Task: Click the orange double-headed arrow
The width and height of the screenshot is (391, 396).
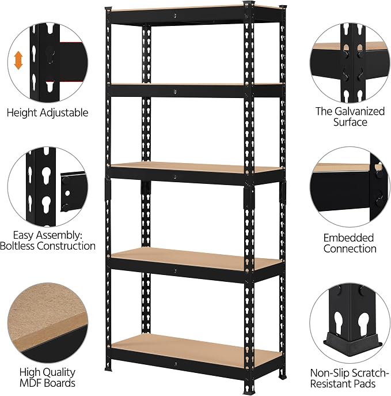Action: point(18,61)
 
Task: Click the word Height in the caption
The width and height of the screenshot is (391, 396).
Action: point(22,112)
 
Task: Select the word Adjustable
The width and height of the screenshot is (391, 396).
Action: point(64,112)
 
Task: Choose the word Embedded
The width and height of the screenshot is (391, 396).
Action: point(348,238)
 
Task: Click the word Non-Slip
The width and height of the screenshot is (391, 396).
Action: point(329,373)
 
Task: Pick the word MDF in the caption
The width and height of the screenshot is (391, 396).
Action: point(29,383)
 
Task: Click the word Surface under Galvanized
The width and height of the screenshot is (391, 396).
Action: point(350,122)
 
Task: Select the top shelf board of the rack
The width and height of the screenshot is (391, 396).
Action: point(196,8)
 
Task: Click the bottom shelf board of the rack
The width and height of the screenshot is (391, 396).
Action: point(196,349)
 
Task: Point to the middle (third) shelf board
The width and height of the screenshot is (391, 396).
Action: point(196,167)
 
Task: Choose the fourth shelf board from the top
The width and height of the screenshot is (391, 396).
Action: point(196,258)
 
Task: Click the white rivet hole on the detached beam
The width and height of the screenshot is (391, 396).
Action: point(67,194)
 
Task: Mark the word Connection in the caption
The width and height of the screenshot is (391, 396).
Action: point(350,249)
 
